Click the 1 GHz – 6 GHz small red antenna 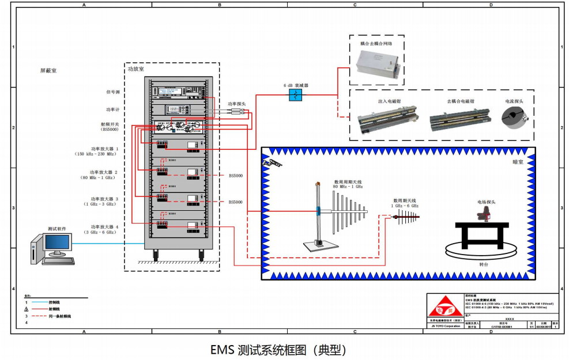click(x=406, y=217)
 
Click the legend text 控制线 click(x=55, y=302)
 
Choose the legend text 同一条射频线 click(x=60, y=316)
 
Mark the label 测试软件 click(x=56, y=229)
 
